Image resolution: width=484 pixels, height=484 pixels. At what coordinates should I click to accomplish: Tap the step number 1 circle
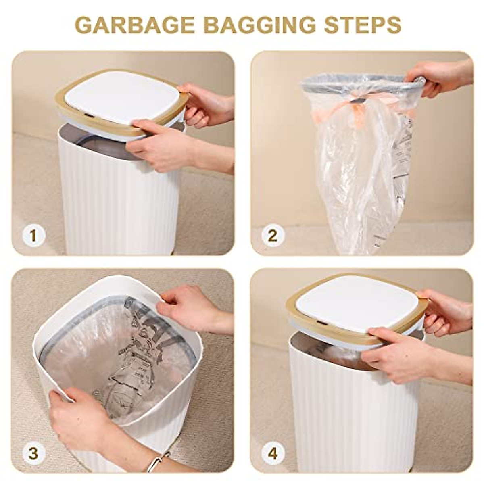(x=33, y=236)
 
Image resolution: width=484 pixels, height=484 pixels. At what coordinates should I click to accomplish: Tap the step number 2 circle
(x=273, y=236)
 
